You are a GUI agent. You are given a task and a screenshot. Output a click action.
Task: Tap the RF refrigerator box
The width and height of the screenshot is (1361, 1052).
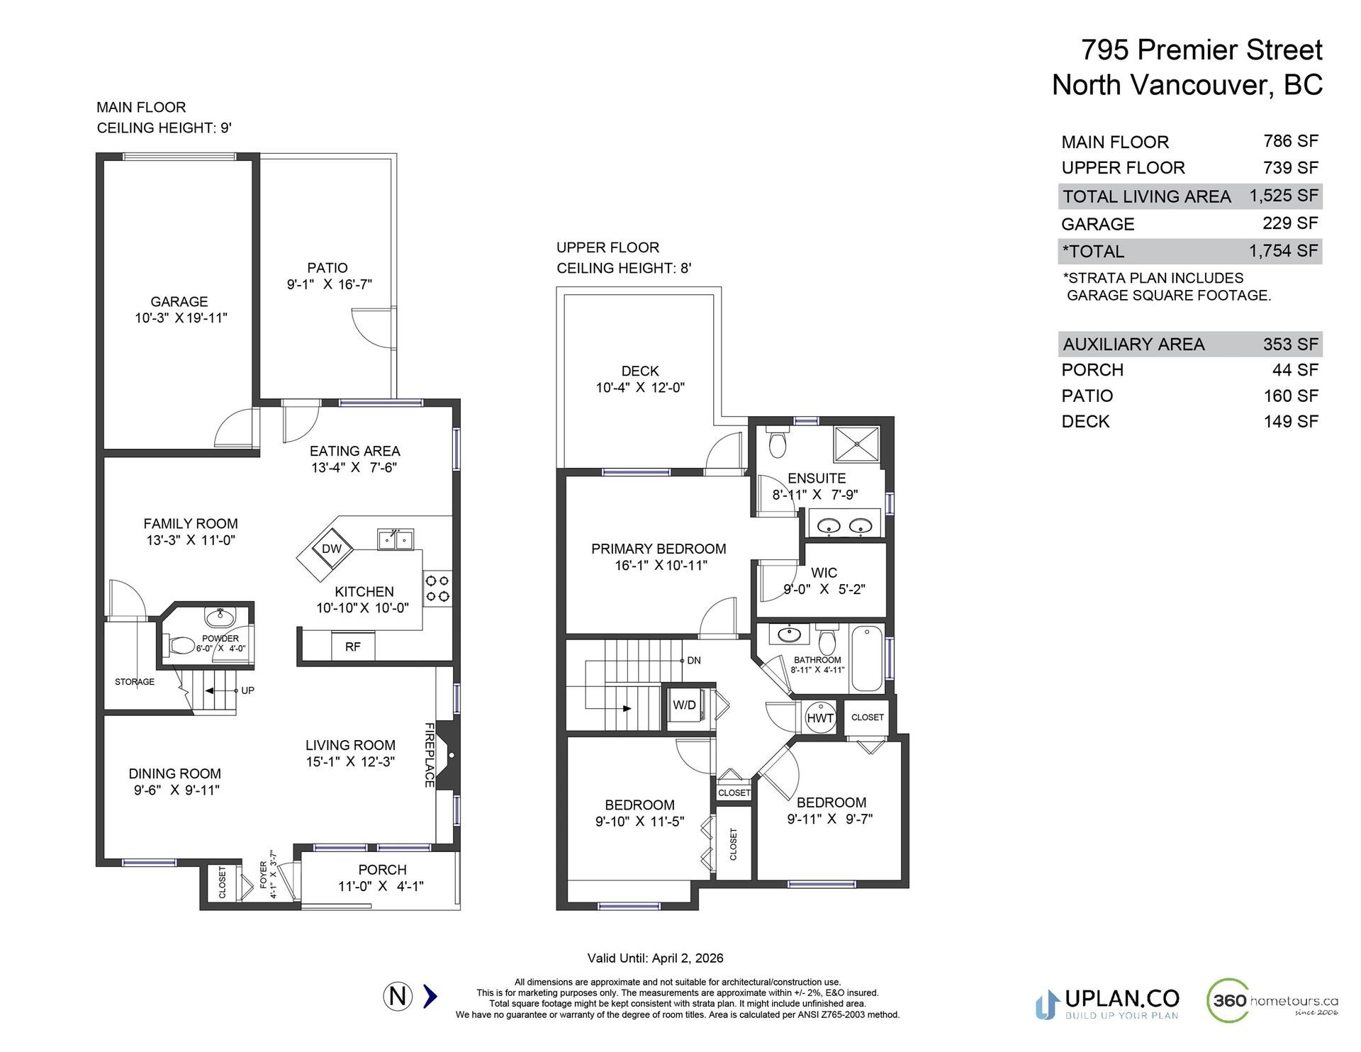[353, 647]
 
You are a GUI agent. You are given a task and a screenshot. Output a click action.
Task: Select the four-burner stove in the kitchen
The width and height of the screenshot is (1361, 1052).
[437, 589]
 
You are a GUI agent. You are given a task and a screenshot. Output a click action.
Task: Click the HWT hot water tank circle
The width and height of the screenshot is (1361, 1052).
[820, 717]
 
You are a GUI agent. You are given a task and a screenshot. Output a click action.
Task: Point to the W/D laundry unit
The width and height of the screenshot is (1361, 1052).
[685, 705]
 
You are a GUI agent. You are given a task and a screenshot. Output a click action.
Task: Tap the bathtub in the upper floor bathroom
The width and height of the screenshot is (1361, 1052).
[866, 658]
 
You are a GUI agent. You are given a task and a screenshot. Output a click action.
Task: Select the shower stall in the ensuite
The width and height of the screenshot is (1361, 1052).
[856, 444]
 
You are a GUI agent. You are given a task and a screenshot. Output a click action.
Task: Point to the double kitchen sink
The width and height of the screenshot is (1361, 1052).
[396, 539]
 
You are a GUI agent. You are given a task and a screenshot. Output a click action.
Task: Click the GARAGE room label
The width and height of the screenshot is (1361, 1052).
[179, 301]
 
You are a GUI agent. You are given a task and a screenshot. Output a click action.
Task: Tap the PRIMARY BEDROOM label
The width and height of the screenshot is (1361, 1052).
[659, 549]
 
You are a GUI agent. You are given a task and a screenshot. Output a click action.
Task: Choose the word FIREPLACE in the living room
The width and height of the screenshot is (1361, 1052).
[430, 754]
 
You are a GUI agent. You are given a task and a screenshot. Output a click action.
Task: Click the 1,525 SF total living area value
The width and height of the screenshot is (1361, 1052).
[1284, 196]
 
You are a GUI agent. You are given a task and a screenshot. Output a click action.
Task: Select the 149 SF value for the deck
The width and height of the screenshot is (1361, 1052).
[1291, 421]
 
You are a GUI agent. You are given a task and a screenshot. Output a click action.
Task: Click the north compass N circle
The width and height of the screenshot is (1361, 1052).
[398, 996]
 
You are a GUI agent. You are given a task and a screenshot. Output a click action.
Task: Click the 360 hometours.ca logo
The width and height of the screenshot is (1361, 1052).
[1272, 1000]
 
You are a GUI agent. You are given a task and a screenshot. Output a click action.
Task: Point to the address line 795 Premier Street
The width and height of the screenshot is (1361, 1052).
[1202, 50]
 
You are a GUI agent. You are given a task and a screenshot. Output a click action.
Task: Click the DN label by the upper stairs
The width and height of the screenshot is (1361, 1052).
[694, 660]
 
